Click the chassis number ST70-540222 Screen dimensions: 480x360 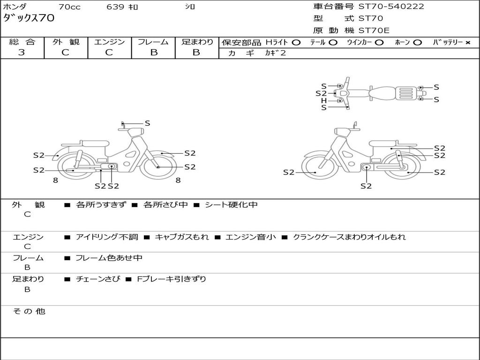(x=391, y=7)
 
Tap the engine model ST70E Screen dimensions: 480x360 (x=374, y=31)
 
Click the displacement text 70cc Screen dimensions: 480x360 (x=69, y=7)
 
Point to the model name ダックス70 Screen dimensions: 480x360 (x=29, y=18)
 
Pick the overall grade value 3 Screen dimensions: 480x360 (x=22, y=52)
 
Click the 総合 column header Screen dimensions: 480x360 (x=22, y=42)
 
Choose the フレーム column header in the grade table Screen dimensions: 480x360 (x=153, y=42)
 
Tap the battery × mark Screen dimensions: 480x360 (x=467, y=43)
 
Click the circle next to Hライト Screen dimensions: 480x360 (x=296, y=43)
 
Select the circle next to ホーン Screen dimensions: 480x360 (x=417, y=43)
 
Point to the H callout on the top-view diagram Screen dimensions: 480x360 (x=324, y=100)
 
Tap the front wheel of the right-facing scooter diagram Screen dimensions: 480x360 (x=158, y=166)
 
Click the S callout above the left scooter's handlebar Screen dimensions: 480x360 (x=147, y=123)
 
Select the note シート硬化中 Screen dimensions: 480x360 (x=231, y=205)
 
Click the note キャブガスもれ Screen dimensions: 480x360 (x=182, y=237)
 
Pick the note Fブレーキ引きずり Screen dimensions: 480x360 (x=171, y=279)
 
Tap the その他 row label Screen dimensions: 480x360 (x=29, y=311)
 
